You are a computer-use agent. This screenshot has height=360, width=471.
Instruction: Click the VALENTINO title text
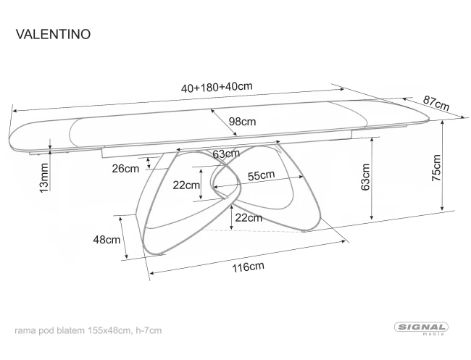pos(53,34)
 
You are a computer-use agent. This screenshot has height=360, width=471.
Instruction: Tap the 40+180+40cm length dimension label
pos(217,87)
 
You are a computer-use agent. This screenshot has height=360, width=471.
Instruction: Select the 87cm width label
pos(436,103)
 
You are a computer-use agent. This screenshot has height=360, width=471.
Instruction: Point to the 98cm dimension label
pos(242,122)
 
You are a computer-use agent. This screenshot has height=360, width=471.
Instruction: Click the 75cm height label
pos(436,167)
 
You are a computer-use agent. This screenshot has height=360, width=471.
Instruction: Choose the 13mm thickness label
pos(44,177)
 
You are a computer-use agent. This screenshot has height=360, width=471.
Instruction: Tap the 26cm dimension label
pos(125,169)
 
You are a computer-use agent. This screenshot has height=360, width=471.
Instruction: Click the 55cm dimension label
pos(261,175)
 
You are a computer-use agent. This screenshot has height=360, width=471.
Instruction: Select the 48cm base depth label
pos(107,240)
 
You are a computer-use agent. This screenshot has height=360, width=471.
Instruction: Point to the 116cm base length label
pos(248,267)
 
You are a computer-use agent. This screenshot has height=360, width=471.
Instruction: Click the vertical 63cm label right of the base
pos(365,177)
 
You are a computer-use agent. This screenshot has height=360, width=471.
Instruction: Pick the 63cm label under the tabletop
pos(226,154)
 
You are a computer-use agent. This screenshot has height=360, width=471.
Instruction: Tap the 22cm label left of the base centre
pos(186,185)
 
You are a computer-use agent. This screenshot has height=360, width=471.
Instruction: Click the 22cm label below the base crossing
pos(249,218)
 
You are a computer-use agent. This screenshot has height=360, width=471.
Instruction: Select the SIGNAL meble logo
pos(422,328)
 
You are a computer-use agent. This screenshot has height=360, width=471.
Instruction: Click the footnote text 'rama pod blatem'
pos(49,330)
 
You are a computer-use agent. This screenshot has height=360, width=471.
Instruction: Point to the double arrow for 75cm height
pos(442,165)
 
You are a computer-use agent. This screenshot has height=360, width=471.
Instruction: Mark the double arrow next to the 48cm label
pos(123,238)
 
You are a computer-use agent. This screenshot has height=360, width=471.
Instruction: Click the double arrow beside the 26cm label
pos(149,163)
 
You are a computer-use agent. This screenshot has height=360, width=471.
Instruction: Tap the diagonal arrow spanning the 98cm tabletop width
pos(224,122)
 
